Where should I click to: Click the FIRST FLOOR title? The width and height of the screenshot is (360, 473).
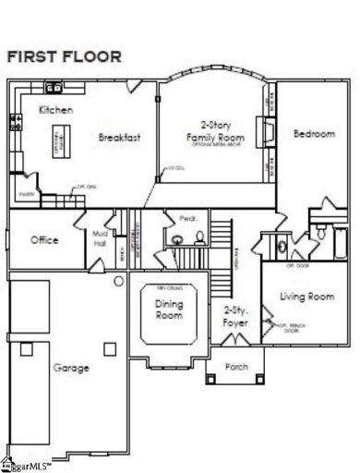[x=65, y=56]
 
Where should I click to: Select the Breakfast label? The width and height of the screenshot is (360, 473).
[x=120, y=138]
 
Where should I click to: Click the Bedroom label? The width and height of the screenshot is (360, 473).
[x=314, y=134]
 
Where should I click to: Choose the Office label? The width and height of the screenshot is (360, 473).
[x=44, y=240]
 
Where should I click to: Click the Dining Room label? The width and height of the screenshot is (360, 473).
[x=168, y=311]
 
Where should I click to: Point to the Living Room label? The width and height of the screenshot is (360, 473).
[x=306, y=297]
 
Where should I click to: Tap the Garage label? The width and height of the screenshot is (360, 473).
[x=71, y=368]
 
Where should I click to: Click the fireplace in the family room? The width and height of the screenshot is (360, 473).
[x=267, y=128]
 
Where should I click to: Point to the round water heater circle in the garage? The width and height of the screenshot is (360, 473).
[x=119, y=280]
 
